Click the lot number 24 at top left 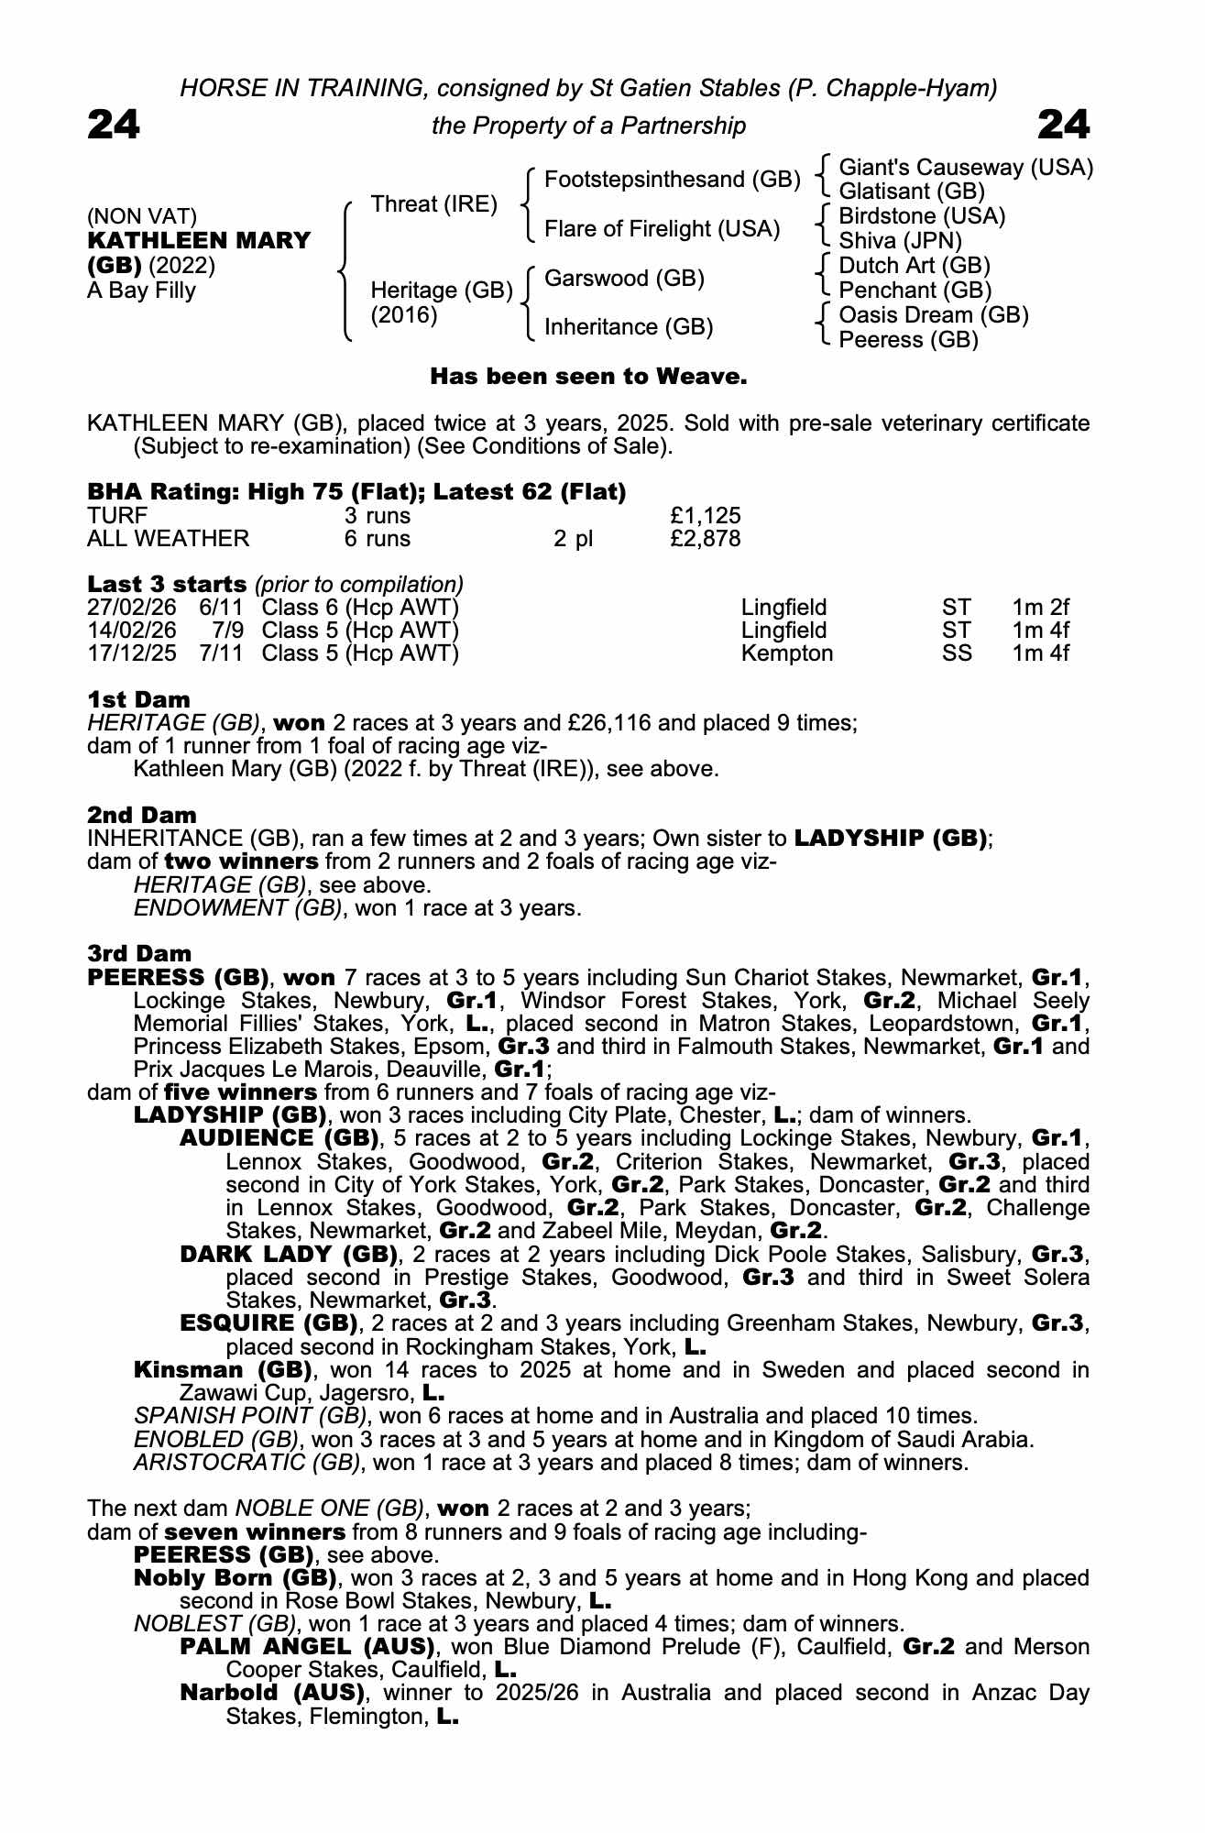pos(114,125)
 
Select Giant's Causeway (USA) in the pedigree pos(966,168)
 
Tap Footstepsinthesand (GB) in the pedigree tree pos(673,180)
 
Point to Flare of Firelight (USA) pos(662,229)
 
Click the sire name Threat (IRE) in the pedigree pos(433,203)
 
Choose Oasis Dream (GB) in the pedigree pos(933,315)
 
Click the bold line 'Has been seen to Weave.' pos(589,377)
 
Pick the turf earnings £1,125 pos(706,516)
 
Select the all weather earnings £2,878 pos(706,539)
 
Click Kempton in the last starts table pos(787,653)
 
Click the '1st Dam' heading pos(138,700)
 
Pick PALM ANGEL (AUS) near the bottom pos(306,1647)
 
